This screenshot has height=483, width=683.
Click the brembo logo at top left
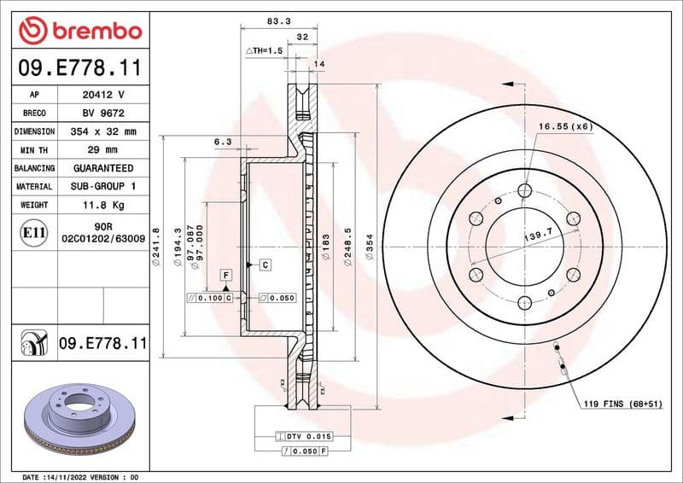click(x=80, y=31)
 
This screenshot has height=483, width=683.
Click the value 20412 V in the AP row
click(x=103, y=95)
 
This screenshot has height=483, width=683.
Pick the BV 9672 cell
click(x=103, y=113)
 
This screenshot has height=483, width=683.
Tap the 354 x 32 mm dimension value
click(x=103, y=131)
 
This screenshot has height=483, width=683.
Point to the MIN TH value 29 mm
click(x=103, y=150)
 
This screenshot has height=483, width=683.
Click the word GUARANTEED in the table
click(x=103, y=168)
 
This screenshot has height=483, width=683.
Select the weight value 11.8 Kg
click(x=103, y=205)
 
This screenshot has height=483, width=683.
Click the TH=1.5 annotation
click(x=264, y=51)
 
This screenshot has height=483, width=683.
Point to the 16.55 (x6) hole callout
click(x=565, y=126)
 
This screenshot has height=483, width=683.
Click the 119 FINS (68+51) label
click(x=622, y=402)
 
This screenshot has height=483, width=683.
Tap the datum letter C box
click(x=266, y=265)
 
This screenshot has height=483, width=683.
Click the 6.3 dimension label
click(x=222, y=142)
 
